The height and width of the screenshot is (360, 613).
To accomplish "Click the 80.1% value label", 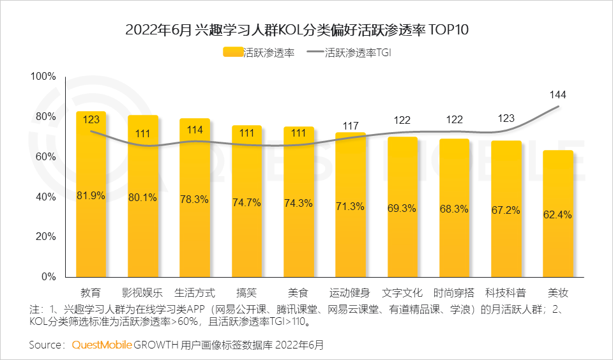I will coord(142,198).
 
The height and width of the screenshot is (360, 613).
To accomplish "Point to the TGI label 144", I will coord(558,94).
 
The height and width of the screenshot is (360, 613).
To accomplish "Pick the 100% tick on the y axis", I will coord(44,77).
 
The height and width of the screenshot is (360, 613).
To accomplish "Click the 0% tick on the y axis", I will coord(49,277).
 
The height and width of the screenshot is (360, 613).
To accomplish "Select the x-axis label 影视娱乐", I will coord(142,294).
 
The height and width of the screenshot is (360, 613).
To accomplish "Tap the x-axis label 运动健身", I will coord(350,294).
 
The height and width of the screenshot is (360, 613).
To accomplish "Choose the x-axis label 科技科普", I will coord(506,294).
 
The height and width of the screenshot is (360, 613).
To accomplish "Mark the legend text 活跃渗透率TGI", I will coord(358,53).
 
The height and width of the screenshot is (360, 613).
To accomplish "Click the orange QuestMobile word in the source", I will coord(102,345).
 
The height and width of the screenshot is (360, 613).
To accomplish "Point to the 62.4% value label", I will coord(558,214).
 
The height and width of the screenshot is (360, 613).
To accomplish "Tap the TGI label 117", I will coord(350,126).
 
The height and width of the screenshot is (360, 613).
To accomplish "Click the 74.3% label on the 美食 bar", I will coord(298,203).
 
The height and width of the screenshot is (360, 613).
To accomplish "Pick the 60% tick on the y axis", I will coord(47,157).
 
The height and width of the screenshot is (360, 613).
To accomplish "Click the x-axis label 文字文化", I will coord(402,294).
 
